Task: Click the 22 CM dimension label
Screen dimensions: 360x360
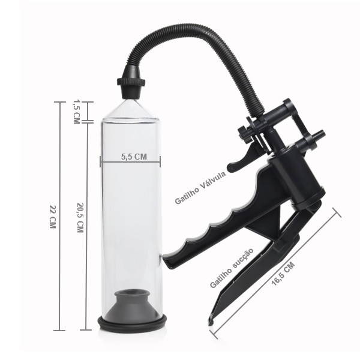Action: tap(53, 217)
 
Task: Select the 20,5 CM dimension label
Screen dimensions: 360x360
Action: tap(80, 218)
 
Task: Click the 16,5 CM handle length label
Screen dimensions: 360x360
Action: tap(283, 274)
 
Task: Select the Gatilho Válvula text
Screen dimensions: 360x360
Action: tap(200, 188)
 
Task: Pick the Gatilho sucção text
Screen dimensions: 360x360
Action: tap(232, 268)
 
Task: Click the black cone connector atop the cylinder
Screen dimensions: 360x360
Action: tap(131, 82)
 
